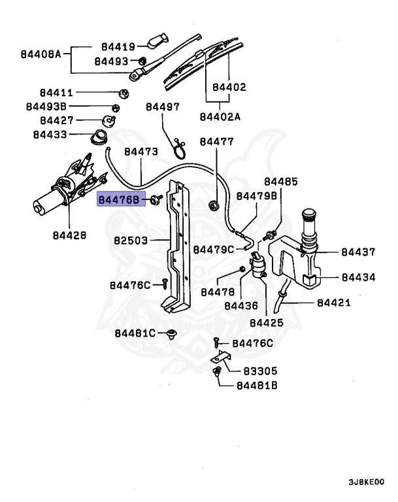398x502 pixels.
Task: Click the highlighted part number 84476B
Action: (119, 199)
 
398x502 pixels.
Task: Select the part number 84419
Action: (118, 47)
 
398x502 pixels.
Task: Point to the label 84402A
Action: (220, 117)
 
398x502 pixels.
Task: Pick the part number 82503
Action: (132, 241)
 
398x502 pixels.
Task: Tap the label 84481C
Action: (135, 333)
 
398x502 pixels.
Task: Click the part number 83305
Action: (261, 371)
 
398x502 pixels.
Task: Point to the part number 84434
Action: (359, 277)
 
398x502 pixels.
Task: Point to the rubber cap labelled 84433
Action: (100, 138)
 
